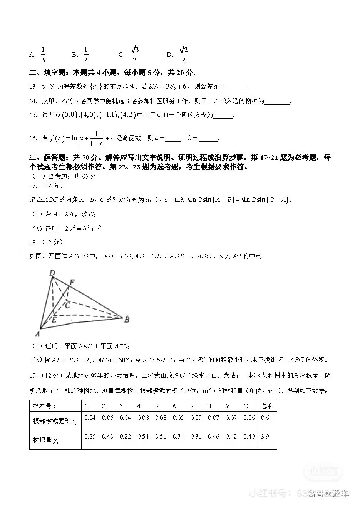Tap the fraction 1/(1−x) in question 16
pyautogui.click(x=96, y=138)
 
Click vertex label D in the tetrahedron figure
pyautogui.click(x=52, y=273)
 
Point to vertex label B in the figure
pyautogui.click(x=127, y=319)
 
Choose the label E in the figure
pyautogui.click(x=54, y=319)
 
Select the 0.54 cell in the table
pyautogui.click(x=143, y=436)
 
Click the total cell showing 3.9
pyautogui.click(x=265, y=436)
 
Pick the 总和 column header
pyautogui.click(x=267, y=405)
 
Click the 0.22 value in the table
pyautogui.click(x=125, y=436)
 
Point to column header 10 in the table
pyautogui.click(x=246, y=406)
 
